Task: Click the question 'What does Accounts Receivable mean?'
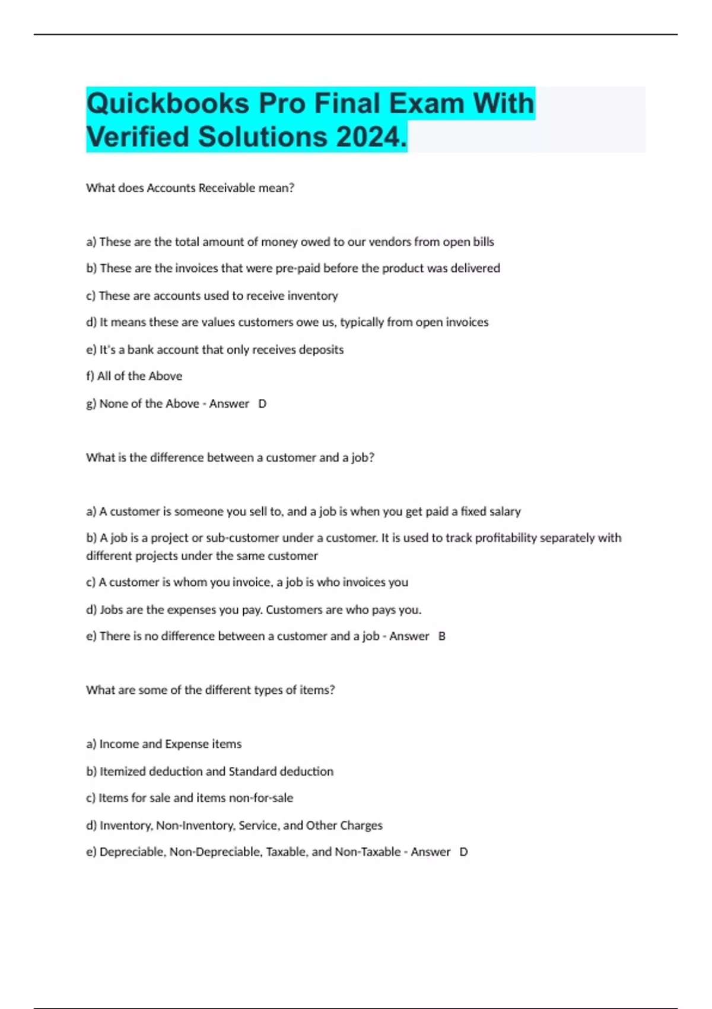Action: pyautogui.click(x=190, y=188)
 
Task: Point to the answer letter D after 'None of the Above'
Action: pyautogui.click(x=262, y=404)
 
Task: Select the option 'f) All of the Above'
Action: pyautogui.click(x=134, y=376)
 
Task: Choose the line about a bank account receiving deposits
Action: pyautogui.click(x=215, y=350)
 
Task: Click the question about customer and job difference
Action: pyautogui.click(x=230, y=458)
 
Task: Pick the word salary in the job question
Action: pyautogui.click(x=505, y=512)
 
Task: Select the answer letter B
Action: pyautogui.click(x=441, y=636)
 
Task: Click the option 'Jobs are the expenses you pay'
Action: pyautogui.click(x=253, y=610)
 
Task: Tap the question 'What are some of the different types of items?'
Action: pyautogui.click(x=210, y=690)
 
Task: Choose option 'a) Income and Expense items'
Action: pyautogui.click(x=164, y=744)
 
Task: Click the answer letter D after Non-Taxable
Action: pyautogui.click(x=463, y=852)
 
